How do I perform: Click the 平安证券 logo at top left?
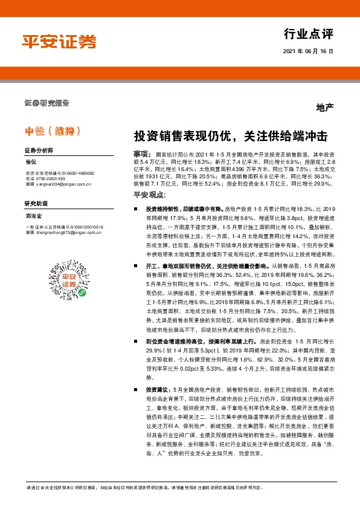click(60, 41)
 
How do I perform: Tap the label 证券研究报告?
click(47, 102)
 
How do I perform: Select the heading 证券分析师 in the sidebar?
click(39, 150)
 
